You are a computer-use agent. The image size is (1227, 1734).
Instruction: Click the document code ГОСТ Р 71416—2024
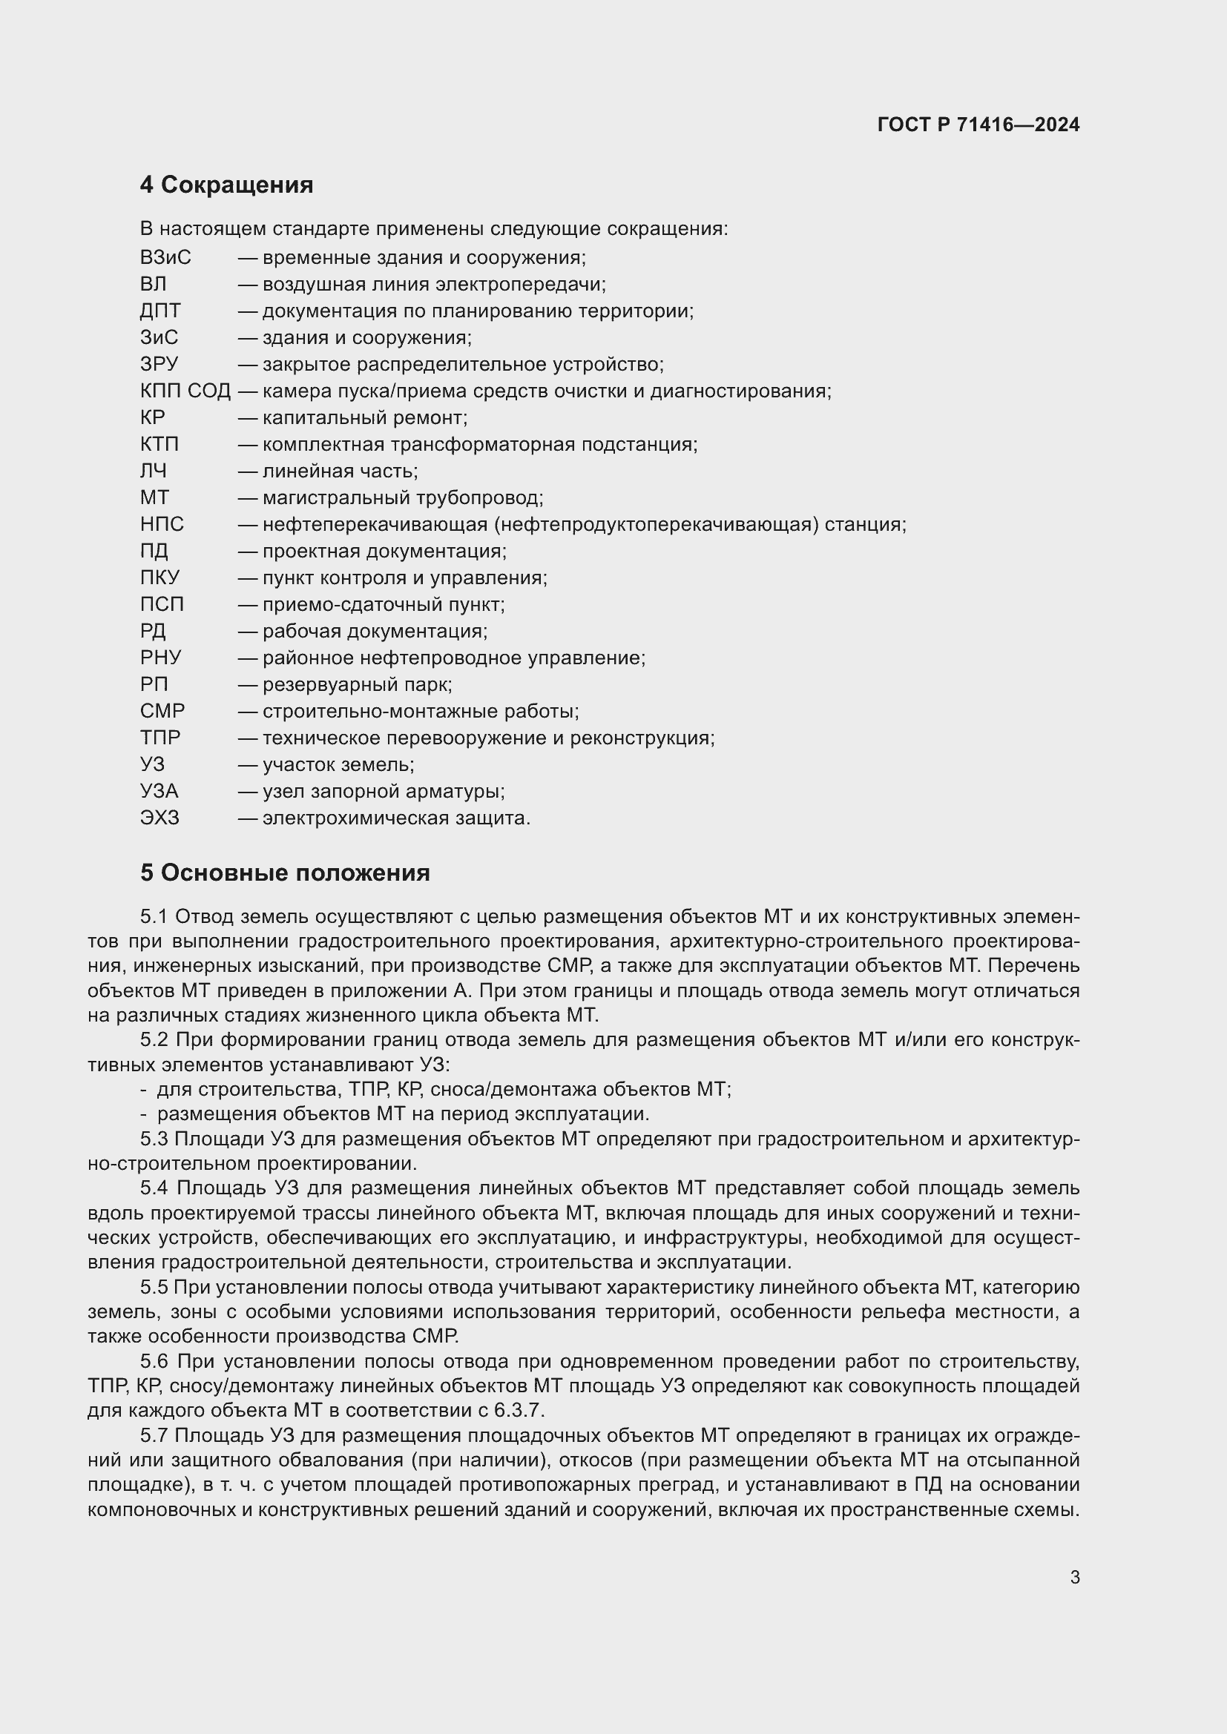(978, 125)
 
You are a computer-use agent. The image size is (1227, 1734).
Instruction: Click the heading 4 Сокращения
(226, 185)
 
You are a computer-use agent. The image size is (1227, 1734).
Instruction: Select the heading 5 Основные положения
(285, 873)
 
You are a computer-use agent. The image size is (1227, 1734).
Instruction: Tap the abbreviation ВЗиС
(165, 258)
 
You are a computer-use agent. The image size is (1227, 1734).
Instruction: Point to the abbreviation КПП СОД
(185, 391)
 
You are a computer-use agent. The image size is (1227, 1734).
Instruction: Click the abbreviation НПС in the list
(162, 524)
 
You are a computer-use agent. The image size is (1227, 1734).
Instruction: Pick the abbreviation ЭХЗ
(159, 818)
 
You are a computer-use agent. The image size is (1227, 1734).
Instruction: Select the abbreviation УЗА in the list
(159, 792)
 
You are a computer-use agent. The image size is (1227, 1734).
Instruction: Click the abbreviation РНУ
(160, 658)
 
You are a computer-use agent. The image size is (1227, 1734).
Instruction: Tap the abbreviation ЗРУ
(159, 365)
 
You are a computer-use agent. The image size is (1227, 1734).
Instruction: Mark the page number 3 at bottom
(1074, 1578)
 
